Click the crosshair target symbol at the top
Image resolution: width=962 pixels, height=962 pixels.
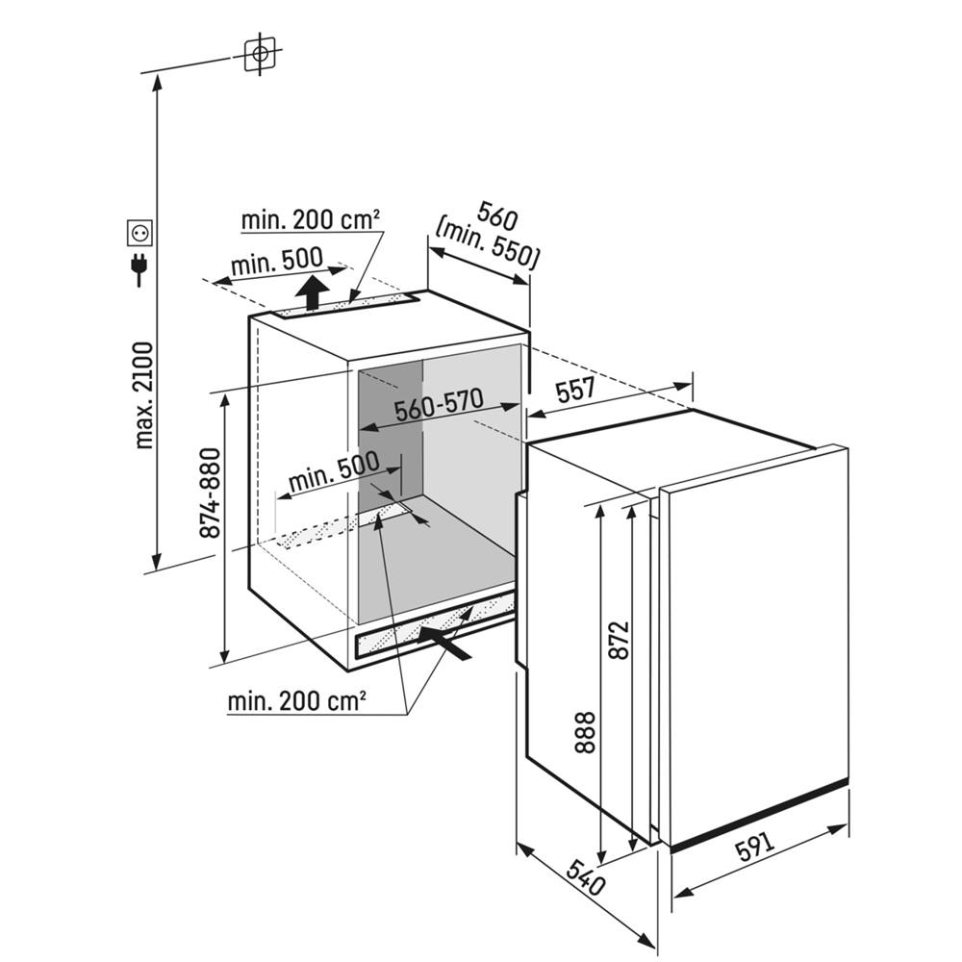[259, 55]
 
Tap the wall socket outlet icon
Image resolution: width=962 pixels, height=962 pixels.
[140, 232]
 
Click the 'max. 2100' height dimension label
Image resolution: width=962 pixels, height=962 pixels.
[144, 394]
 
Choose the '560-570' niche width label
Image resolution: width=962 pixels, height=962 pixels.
[440, 408]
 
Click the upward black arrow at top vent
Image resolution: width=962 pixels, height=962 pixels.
[310, 291]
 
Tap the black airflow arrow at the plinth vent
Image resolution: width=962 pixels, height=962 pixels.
[444, 643]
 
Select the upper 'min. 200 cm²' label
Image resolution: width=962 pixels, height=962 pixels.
[311, 219]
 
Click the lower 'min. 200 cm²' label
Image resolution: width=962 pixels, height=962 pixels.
[296, 702]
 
